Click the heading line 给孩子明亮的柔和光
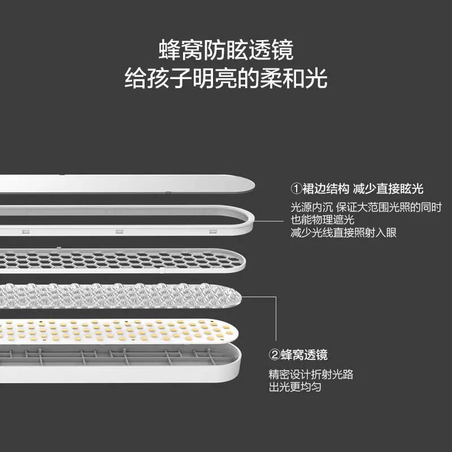[x=226, y=78]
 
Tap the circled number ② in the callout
[x=274, y=355]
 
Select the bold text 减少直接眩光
[x=388, y=188]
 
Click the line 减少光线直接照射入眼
[x=344, y=232]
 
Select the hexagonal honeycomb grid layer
[x=124, y=260]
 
